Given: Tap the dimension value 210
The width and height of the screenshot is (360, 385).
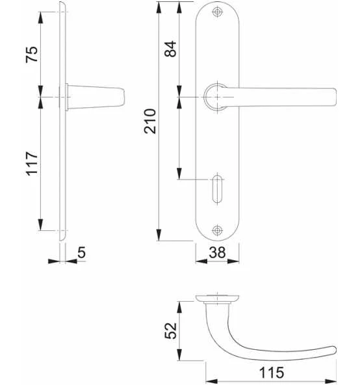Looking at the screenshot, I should pyautogui.click(x=149, y=121).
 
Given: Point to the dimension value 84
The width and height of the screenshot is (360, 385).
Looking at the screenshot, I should pyautogui.click(x=170, y=49).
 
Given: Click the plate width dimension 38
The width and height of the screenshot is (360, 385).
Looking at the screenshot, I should pyautogui.click(x=218, y=253).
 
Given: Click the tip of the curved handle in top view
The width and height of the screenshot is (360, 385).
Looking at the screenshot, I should pyautogui.click(x=332, y=349).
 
